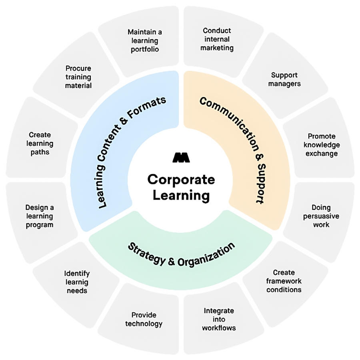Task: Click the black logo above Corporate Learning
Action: (x=180, y=158)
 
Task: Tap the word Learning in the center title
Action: (x=181, y=196)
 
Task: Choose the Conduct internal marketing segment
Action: (x=217, y=39)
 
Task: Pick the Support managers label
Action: (x=284, y=79)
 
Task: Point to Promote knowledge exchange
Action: (x=321, y=145)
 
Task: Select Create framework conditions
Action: (x=284, y=281)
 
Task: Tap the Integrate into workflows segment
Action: (x=219, y=319)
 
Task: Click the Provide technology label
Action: (x=144, y=319)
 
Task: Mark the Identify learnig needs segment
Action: (x=77, y=282)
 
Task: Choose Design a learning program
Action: (x=40, y=216)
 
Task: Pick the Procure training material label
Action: (x=78, y=77)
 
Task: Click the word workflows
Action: (x=219, y=328)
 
